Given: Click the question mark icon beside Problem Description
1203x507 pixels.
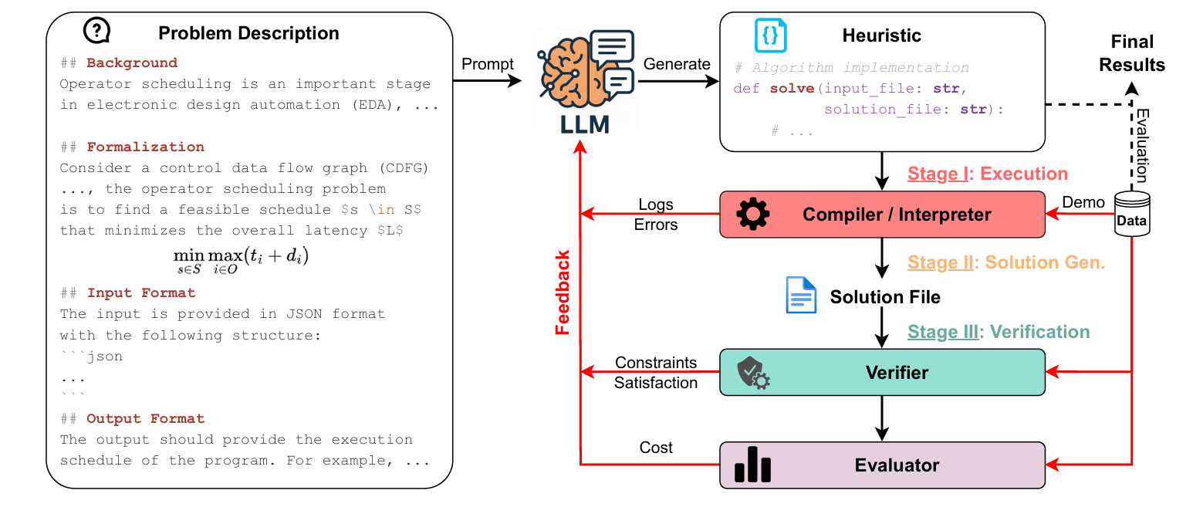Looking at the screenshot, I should coord(96,31).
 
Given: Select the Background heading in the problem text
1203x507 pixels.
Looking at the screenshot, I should coord(132,63).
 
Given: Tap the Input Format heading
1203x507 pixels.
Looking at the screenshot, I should coord(141,293).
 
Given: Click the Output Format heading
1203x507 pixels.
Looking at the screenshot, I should coord(146,419).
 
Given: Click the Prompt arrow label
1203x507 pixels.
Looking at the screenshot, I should coord(488,64).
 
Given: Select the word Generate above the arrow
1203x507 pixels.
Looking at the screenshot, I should coord(677,64).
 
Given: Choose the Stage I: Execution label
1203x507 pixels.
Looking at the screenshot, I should coord(988,174).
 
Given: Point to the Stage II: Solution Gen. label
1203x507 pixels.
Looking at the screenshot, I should coord(1006,262).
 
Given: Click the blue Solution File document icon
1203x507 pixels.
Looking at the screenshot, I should coord(801,296).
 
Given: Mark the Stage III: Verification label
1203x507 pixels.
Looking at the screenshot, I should coord(999,332).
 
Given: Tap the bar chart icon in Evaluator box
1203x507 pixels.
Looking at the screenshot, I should coord(752,465).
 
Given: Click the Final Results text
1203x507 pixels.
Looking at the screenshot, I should coord(1132,52).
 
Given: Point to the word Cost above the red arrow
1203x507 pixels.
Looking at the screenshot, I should coord(656,448).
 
